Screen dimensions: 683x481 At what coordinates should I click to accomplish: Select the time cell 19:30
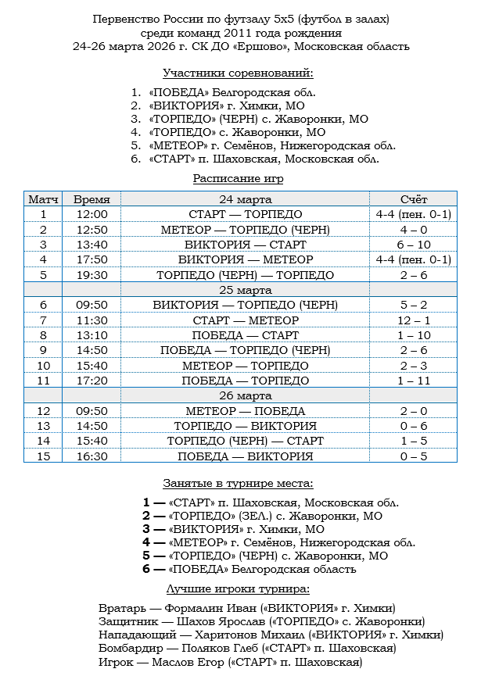pyautogui.click(x=92, y=275)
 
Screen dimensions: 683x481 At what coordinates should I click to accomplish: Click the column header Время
pyautogui.click(x=92, y=199)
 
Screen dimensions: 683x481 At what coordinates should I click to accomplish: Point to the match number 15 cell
pyautogui.click(x=43, y=456)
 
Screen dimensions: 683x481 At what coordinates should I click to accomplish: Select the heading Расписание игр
pyautogui.click(x=238, y=178)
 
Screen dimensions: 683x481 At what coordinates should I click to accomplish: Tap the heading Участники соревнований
pyautogui.click(x=238, y=73)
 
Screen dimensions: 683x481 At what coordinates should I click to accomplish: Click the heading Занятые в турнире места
pyautogui.click(x=238, y=484)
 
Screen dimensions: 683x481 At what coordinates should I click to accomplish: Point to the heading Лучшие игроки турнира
pyautogui.click(x=238, y=588)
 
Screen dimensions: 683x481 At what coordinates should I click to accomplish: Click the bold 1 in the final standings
pyautogui.click(x=146, y=502)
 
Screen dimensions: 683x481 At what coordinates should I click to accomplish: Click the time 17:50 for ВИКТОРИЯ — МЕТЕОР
pyautogui.click(x=92, y=259)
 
